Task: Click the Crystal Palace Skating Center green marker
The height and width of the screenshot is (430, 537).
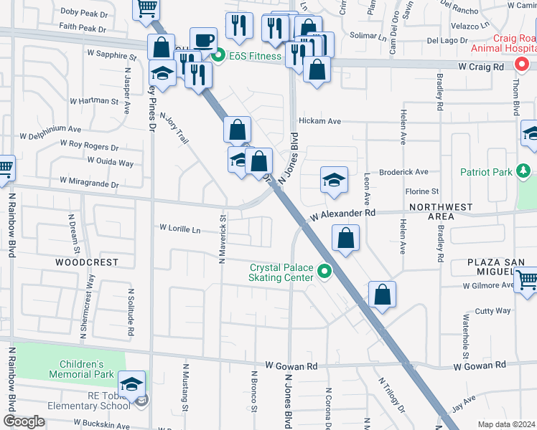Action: tap(324, 272)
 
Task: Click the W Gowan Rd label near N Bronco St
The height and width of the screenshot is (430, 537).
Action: tap(291, 365)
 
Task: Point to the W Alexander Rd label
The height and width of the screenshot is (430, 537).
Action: tap(343, 215)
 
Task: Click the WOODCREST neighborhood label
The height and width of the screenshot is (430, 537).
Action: tap(86, 262)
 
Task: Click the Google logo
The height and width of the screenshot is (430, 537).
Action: tap(24, 421)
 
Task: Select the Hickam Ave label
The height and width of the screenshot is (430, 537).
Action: tap(320, 121)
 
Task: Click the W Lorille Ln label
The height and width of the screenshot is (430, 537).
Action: tap(179, 229)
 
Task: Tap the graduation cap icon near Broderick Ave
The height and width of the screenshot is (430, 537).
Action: tap(334, 180)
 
